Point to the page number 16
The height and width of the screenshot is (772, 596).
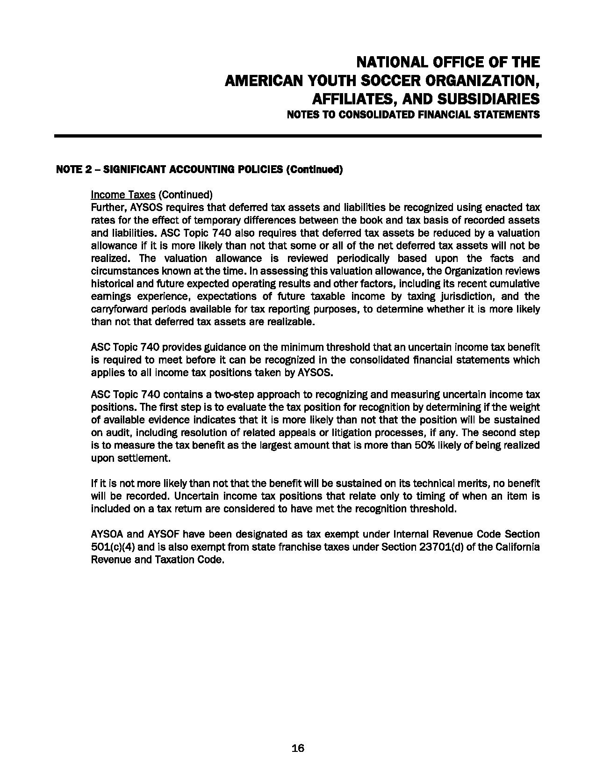[x=298, y=748]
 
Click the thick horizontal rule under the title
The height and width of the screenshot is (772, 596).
[x=298, y=136]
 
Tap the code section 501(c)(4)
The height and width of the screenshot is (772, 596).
[x=114, y=547]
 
